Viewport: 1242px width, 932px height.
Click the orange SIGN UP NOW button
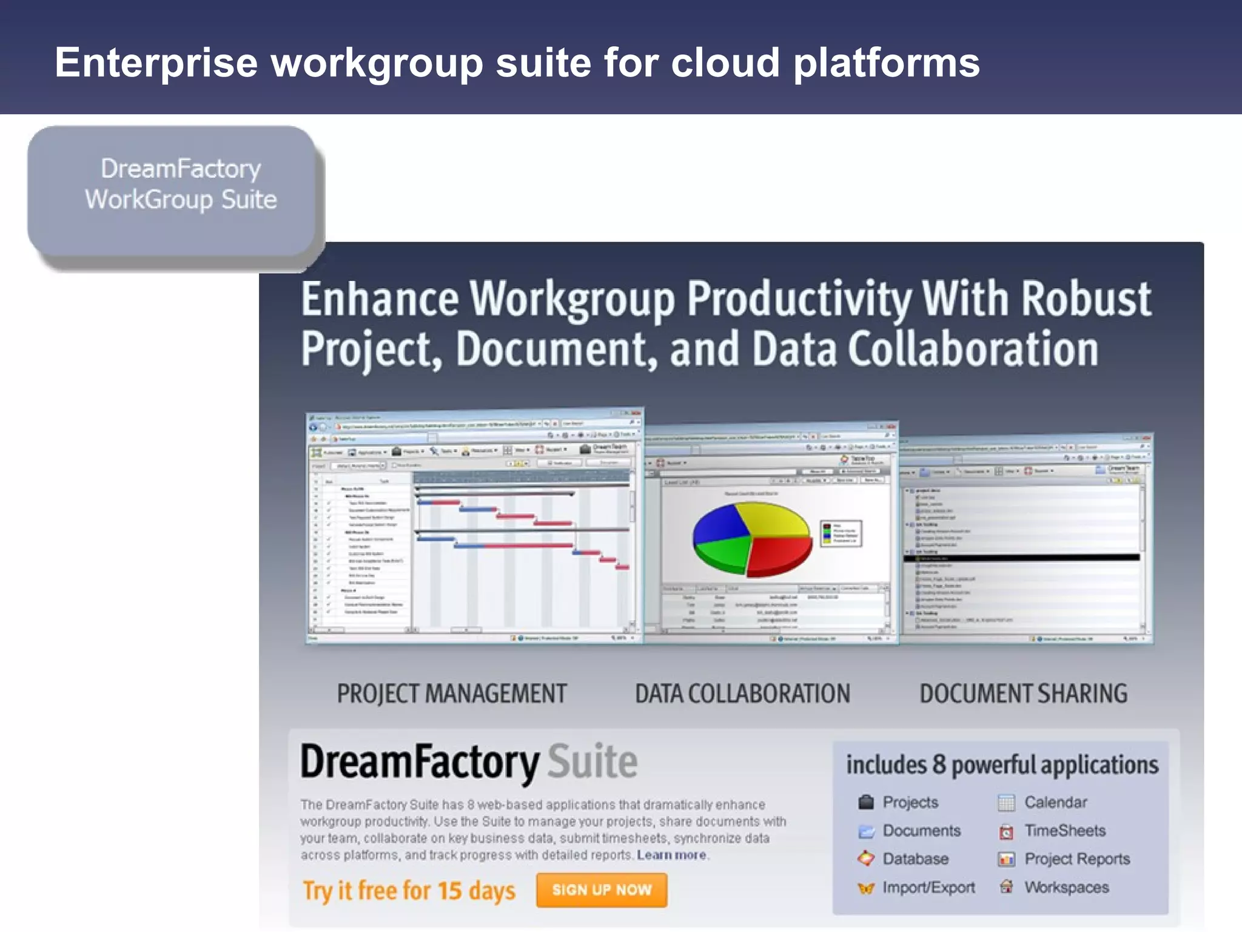(601, 890)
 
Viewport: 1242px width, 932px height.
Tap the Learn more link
(671, 855)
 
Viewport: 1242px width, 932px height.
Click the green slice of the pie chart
(722, 555)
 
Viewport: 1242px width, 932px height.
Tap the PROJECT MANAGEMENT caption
(452, 694)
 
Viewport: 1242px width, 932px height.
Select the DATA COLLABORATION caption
(742, 694)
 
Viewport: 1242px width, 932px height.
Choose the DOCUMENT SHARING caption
(1023, 694)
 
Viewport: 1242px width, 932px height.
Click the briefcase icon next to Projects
(866, 802)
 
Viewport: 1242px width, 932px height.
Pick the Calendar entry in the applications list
(1055, 802)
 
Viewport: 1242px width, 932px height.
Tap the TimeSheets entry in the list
(1064, 831)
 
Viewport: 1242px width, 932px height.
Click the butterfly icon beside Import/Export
(866, 888)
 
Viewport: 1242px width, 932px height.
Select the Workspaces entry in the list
(1066, 888)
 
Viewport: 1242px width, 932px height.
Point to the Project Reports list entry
(1076, 859)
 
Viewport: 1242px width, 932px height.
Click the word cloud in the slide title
(725, 62)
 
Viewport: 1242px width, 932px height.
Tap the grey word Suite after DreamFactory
(592, 762)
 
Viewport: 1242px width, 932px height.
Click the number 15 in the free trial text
(449, 891)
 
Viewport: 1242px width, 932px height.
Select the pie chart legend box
(841, 533)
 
